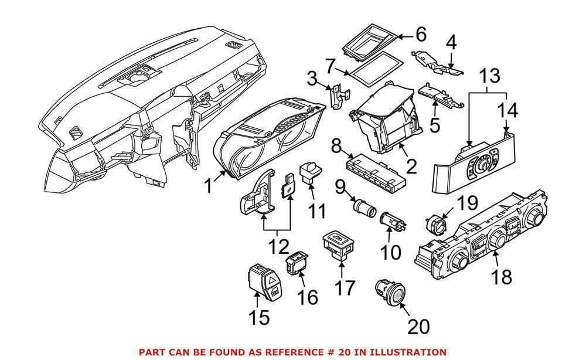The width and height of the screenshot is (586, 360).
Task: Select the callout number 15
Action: click(258, 317)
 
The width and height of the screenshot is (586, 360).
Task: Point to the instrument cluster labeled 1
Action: click(269, 140)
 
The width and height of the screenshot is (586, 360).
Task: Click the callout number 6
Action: click(421, 35)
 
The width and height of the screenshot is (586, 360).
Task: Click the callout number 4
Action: click(451, 42)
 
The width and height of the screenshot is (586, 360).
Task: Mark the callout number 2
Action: click(411, 167)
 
